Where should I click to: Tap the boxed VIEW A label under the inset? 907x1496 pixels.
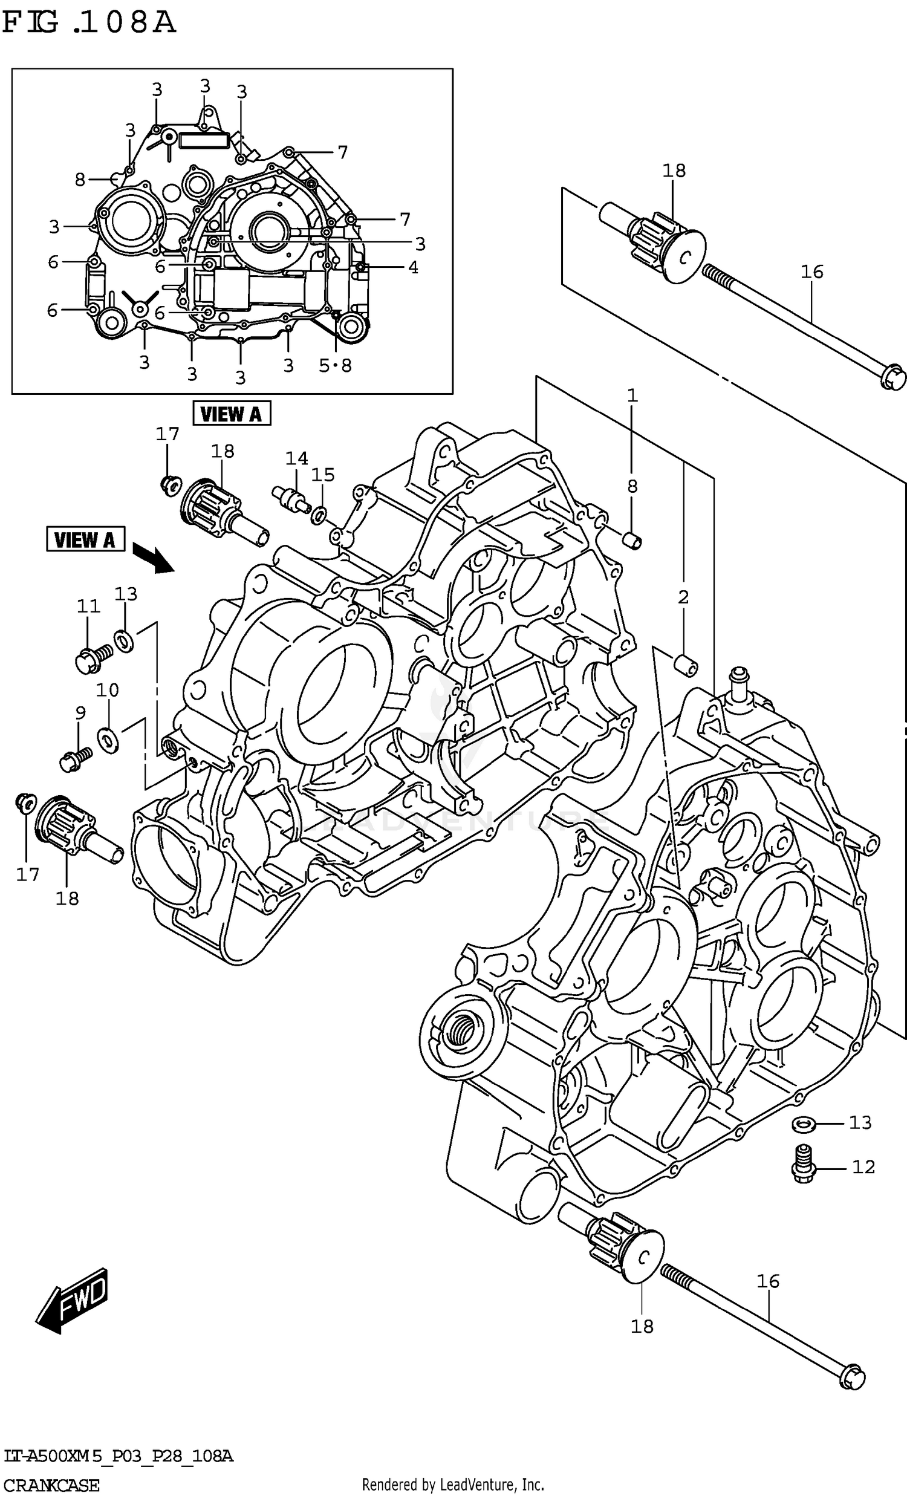[231, 414]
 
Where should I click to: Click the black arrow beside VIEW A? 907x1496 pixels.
[153, 557]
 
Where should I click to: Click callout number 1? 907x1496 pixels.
[632, 396]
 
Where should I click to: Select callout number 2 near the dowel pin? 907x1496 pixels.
[683, 597]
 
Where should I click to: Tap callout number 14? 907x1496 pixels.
[296, 458]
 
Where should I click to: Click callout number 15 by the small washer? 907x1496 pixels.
[323, 475]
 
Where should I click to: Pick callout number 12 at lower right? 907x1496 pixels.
[863, 1166]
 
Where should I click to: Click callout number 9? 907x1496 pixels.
[80, 714]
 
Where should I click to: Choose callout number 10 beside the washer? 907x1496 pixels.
[108, 691]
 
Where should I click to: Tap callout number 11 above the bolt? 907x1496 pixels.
[88, 606]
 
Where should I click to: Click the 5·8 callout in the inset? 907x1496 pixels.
[335, 365]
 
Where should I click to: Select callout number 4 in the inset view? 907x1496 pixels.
[413, 267]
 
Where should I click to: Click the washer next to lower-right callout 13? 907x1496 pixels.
[804, 1124]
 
